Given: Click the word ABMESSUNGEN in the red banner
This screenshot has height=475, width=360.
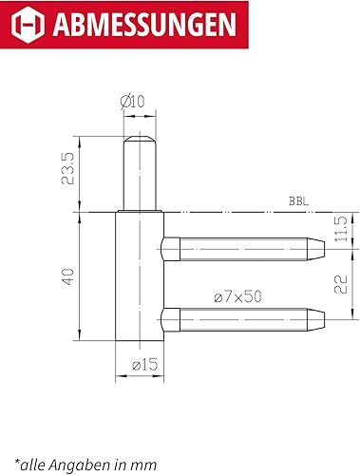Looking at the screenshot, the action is [x=144, y=25].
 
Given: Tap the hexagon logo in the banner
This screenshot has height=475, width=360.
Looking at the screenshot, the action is [x=28, y=24].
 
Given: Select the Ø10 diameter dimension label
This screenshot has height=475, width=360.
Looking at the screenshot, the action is [x=132, y=102].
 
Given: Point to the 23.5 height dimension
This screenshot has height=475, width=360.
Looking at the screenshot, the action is [x=67, y=169].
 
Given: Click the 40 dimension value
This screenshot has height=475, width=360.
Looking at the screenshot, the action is [x=67, y=276].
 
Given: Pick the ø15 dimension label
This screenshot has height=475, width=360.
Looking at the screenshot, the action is [x=144, y=365].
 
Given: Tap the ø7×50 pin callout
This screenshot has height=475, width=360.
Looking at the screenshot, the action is [x=237, y=297].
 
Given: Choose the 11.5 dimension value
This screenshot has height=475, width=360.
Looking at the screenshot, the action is [x=341, y=229].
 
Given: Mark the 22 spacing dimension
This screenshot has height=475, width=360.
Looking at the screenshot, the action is [x=341, y=284].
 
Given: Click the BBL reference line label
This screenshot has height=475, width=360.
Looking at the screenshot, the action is [x=298, y=201].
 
